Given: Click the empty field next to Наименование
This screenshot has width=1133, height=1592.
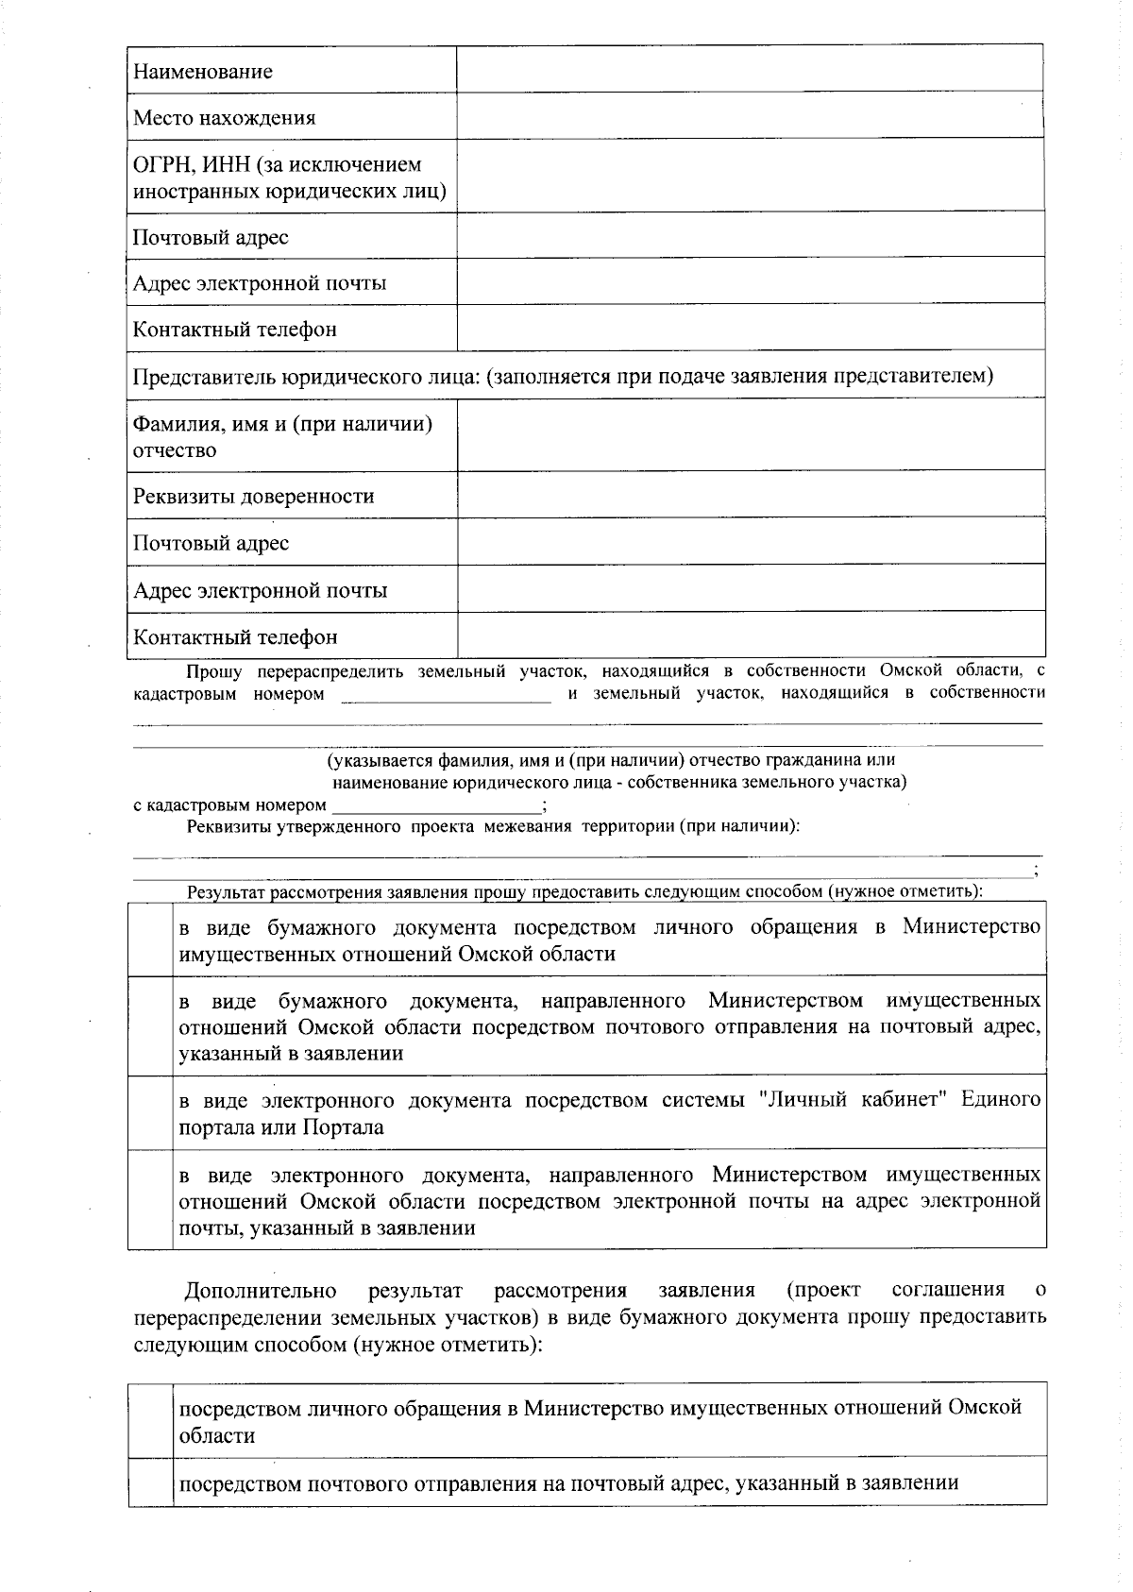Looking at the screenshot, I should [751, 69].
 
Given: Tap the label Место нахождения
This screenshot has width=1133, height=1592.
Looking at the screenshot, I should [224, 118].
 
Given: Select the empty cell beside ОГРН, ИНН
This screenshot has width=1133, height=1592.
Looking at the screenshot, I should [751, 176].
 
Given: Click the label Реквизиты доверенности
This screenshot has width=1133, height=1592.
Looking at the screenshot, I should [253, 497].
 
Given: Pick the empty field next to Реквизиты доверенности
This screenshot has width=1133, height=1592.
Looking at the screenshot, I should [751, 495].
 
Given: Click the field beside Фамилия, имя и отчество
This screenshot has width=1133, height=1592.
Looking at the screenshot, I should [751, 435].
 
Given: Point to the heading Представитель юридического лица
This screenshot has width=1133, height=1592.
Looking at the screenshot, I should [563, 376].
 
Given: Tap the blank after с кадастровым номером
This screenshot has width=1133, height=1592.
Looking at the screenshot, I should [435, 804].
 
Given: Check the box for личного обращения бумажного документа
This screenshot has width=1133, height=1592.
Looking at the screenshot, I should [151, 939].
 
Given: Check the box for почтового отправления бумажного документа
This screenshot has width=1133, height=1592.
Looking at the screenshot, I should [151, 1025].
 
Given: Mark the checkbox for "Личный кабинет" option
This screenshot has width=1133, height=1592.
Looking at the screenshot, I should [151, 1112].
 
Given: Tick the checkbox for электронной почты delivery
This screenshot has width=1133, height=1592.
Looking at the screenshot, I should [151, 1199].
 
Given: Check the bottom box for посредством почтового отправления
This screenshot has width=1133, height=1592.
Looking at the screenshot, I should [151, 1482].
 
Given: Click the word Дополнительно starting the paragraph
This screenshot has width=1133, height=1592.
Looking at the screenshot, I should [261, 1290].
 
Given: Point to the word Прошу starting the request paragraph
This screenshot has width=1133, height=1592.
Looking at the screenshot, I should [214, 671].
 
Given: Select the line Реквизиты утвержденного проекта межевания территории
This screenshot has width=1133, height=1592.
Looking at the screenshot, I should [493, 826].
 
